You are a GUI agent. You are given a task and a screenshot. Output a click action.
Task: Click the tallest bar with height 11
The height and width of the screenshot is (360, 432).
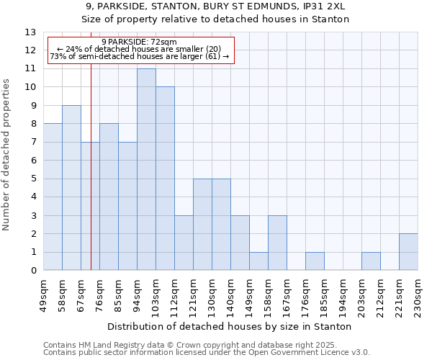click(x=146, y=169)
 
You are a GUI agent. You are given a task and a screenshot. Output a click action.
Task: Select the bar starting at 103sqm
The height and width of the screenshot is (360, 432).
click(x=165, y=179)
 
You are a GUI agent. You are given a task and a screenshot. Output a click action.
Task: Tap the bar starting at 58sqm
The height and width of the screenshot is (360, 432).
click(x=71, y=188)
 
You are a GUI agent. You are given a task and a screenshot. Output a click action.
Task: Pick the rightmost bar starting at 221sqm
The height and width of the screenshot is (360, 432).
click(x=408, y=252)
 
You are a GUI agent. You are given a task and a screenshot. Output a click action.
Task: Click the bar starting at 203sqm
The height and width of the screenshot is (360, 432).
click(x=371, y=261)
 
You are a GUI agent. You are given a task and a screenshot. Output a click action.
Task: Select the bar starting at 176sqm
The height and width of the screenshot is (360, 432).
click(x=315, y=261)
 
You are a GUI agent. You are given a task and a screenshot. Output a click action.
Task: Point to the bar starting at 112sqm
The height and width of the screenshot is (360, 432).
click(x=184, y=243)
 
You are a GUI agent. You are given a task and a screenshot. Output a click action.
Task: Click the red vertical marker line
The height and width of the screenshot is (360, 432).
click(x=91, y=166)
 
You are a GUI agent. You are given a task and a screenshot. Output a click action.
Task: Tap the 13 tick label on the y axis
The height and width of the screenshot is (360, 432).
click(x=30, y=32)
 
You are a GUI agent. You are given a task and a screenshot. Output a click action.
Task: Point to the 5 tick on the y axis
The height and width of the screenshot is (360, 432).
click(x=33, y=179)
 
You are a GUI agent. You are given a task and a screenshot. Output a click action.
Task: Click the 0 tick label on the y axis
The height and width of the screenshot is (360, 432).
click(x=33, y=271)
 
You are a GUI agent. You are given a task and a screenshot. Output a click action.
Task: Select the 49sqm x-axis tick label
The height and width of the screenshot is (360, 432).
click(x=43, y=296)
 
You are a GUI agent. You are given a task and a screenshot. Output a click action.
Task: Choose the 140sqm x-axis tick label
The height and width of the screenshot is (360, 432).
click(x=230, y=296)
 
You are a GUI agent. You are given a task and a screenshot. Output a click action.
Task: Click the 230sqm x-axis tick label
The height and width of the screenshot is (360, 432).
click(x=418, y=296)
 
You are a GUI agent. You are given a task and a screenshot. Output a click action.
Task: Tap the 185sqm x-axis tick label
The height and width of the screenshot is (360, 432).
click(x=324, y=296)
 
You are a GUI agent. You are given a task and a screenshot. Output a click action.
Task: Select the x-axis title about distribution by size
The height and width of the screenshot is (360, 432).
click(x=230, y=326)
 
